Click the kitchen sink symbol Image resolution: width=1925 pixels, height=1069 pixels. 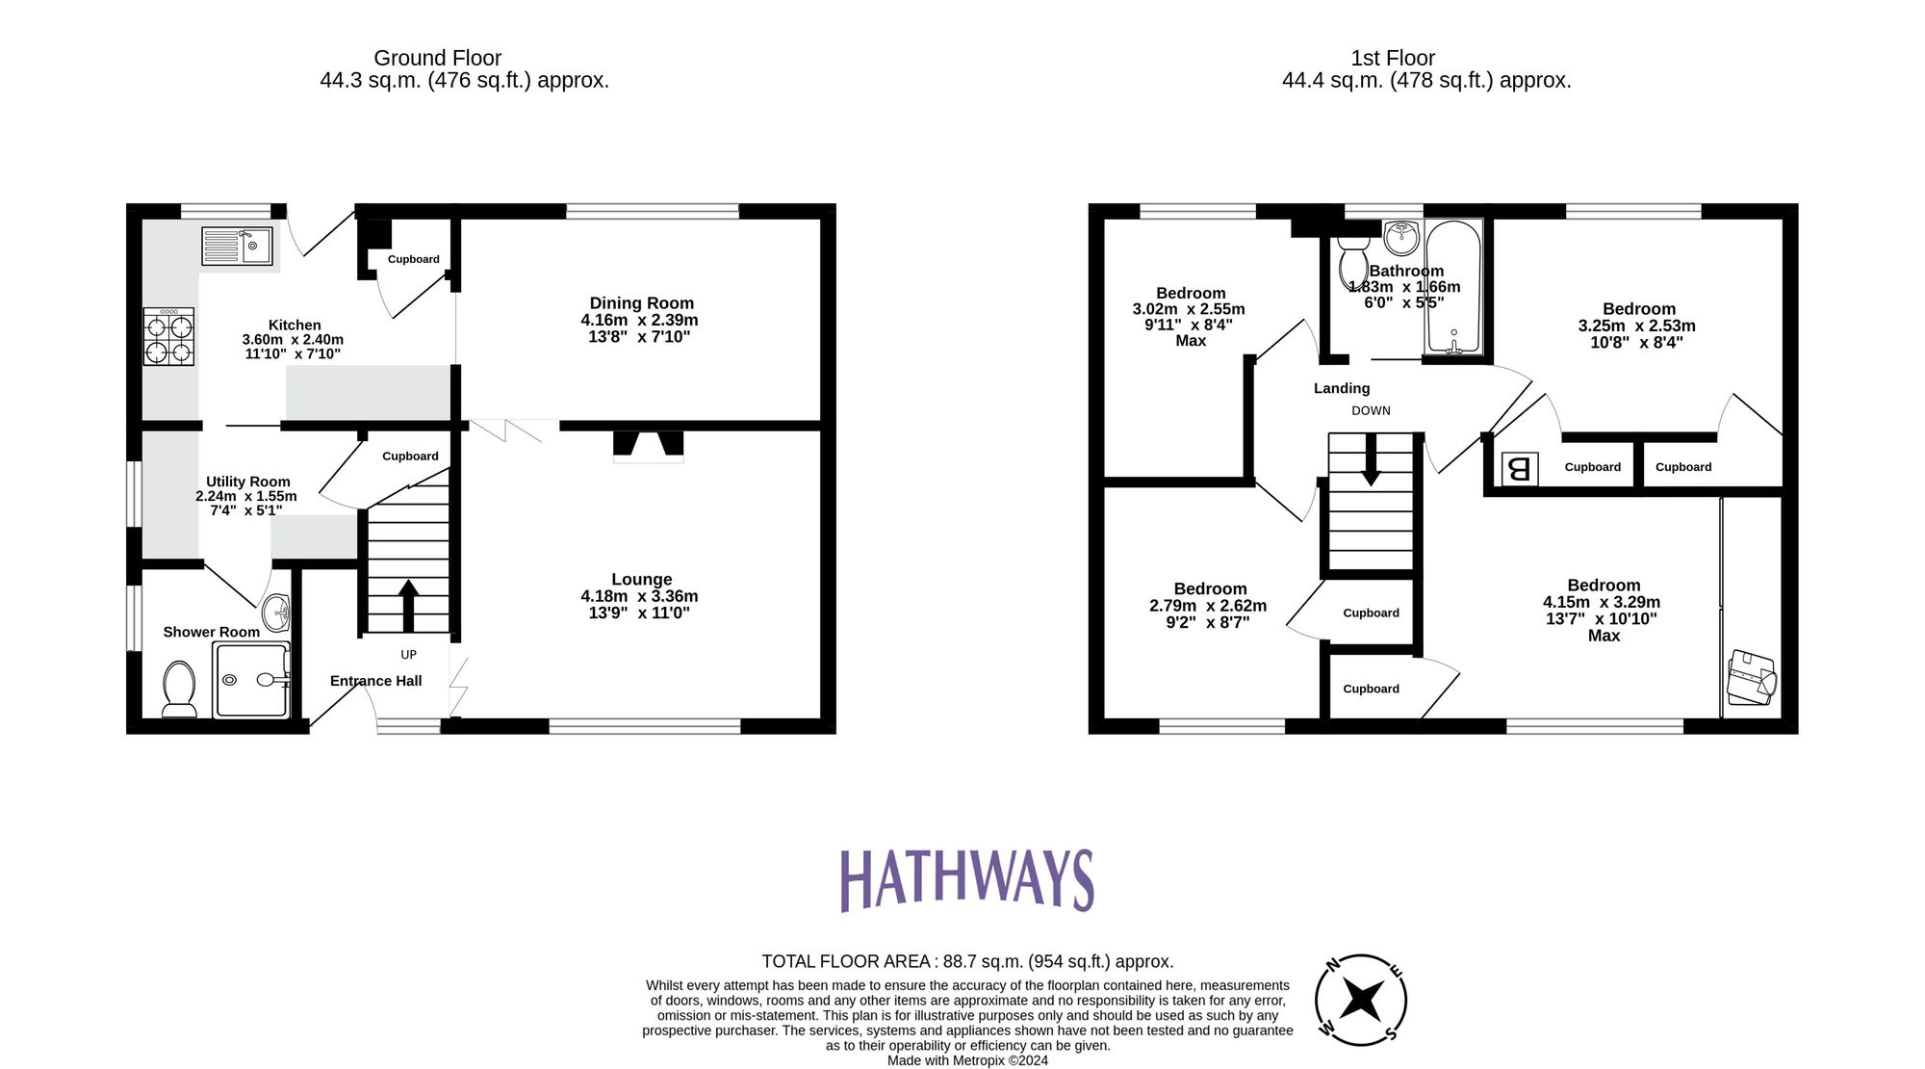(237, 246)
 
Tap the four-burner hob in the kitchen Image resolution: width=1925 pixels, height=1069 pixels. (168, 336)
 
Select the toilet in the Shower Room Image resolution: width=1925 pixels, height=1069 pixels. (179, 688)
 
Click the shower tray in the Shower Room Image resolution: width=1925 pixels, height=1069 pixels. (250, 680)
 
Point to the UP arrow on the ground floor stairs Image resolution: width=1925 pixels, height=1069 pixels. (408, 604)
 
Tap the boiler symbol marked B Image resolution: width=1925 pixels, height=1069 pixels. (1519, 469)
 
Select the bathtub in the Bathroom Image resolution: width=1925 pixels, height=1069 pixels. (1453, 288)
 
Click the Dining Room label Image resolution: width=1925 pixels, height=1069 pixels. (641, 303)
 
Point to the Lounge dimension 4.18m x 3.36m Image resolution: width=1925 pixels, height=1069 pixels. (639, 596)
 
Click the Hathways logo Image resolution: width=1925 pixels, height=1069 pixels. (966, 879)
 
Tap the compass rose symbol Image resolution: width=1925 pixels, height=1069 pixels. (1361, 1000)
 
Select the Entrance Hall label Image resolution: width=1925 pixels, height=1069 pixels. (375, 681)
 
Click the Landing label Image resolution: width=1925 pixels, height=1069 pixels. (1341, 388)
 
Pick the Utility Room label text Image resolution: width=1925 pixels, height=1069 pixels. (247, 482)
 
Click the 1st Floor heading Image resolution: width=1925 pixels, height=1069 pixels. (1392, 58)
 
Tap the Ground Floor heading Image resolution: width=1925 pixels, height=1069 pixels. (437, 58)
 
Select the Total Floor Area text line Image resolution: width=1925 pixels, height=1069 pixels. (966, 961)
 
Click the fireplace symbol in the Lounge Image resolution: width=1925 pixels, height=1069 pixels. (649, 444)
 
